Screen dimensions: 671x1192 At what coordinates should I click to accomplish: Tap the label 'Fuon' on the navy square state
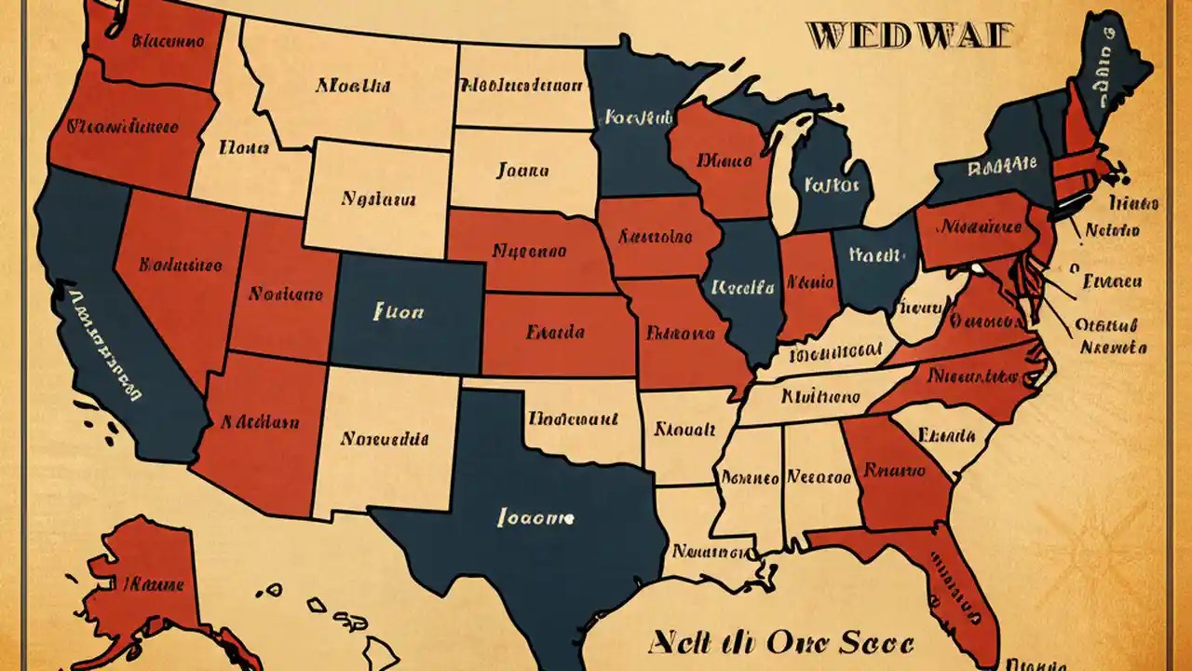[x=398, y=312]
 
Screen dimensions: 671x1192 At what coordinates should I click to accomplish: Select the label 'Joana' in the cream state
[x=522, y=171]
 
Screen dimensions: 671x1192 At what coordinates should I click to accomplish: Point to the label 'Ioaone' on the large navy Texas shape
[x=536, y=516]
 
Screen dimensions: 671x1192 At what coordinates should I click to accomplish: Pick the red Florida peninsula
[x=941, y=578]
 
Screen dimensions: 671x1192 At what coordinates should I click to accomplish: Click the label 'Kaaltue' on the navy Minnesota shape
[x=638, y=118]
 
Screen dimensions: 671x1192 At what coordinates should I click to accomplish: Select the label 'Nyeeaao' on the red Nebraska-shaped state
[x=529, y=251]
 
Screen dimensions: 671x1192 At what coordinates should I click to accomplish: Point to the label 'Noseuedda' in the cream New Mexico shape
[x=385, y=438]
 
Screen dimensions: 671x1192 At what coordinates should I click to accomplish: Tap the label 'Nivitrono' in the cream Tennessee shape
[x=820, y=396]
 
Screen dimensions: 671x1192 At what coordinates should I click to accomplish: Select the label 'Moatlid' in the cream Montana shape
[x=352, y=86]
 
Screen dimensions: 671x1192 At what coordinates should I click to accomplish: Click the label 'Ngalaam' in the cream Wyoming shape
[x=378, y=199]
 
